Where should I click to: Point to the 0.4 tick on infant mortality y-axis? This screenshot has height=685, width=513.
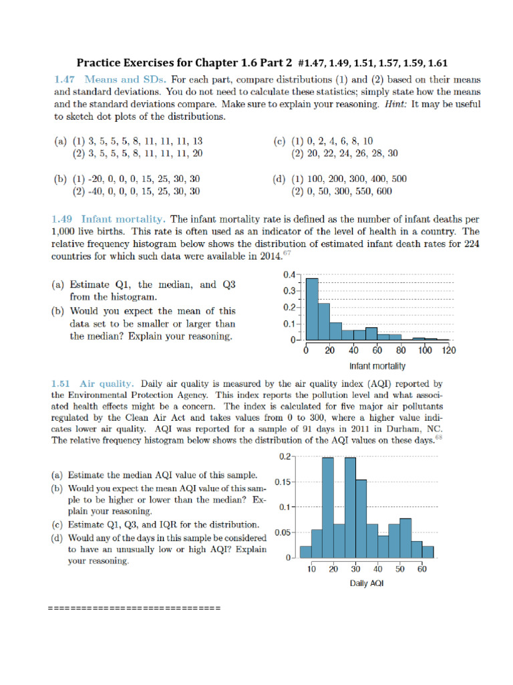289,275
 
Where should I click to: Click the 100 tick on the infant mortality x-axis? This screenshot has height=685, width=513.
425,351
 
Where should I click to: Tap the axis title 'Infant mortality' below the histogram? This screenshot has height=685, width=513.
377,366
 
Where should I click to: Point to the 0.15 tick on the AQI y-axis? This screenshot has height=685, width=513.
283,482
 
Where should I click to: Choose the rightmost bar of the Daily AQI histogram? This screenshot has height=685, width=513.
428,551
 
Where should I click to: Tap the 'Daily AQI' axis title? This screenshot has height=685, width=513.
367,583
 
